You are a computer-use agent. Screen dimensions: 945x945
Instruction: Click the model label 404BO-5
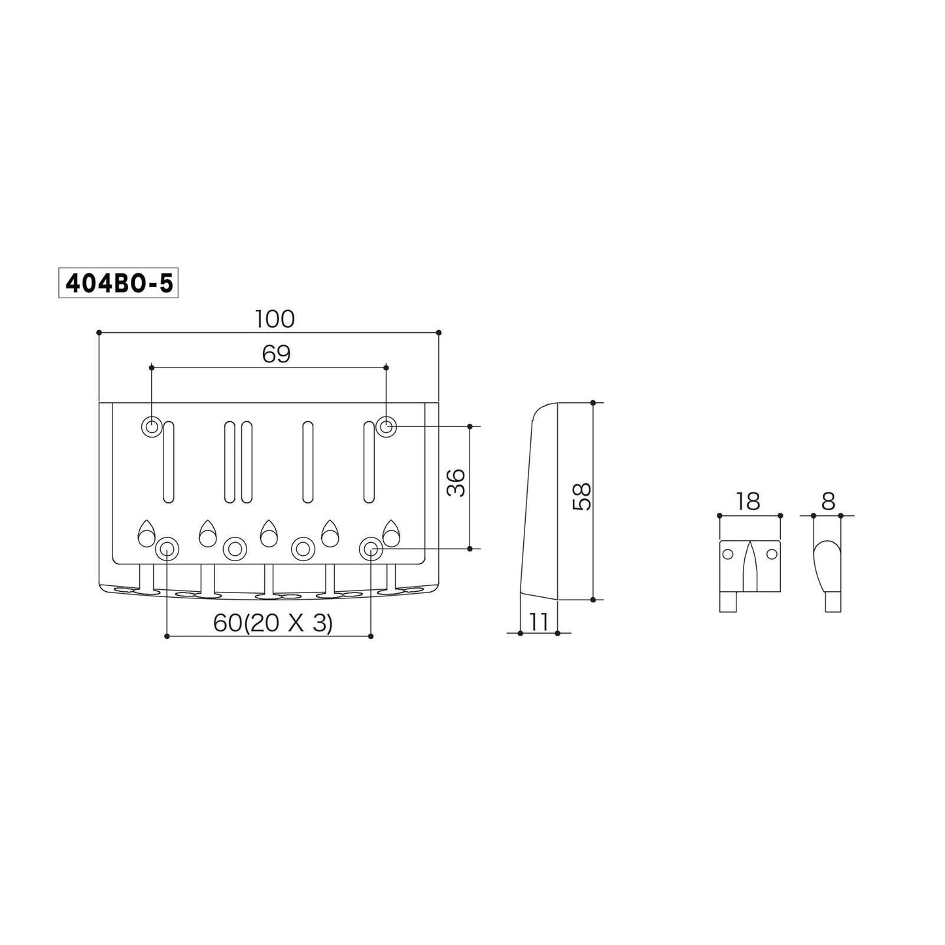[118, 283]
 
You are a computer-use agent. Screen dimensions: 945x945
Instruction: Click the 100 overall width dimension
[275, 319]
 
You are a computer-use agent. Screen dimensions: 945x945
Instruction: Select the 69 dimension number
[276, 354]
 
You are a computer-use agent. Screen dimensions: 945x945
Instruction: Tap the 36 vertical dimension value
[456, 483]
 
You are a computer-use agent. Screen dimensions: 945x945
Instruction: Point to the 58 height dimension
[582, 497]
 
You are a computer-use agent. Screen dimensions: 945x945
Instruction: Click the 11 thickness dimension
[538, 623]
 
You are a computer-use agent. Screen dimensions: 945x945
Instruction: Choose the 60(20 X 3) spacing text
[273, 623]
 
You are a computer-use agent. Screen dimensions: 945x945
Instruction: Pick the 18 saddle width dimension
[748, 501]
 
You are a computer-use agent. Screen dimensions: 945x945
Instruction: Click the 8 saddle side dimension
[829, 501]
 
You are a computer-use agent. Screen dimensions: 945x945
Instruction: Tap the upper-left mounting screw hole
[152, 426]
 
